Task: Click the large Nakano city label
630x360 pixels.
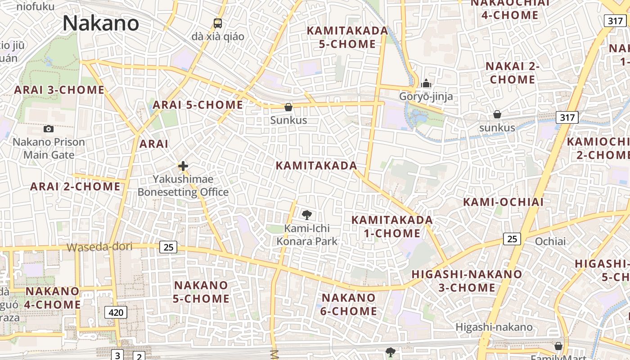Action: [101, 23]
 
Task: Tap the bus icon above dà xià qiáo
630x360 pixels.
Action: [218, 23]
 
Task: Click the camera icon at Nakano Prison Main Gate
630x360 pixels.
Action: [49, 129]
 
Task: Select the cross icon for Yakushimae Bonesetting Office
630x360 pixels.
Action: [183, 166]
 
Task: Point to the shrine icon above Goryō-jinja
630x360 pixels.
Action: [426, 83]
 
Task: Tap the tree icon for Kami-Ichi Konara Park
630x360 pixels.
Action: [307, 215]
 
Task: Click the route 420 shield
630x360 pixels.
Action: [116, 312]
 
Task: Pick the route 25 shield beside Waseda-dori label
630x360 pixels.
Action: [168, 247]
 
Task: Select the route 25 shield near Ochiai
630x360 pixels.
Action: [512, 238]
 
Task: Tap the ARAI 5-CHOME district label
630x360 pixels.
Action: [198, 105]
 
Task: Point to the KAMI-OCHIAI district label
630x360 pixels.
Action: [504, 202]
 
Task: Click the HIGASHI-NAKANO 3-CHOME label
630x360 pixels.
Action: [467, 280]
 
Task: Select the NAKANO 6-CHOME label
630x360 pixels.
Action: [349, 304]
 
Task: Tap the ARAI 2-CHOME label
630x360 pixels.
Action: [75, 186]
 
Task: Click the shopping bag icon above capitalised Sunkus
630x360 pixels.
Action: [288, 107]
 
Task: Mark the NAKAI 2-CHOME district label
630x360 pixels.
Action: [512, 73]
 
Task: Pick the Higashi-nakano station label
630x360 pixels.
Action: [494, 327]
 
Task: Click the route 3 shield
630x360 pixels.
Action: [117, 355]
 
